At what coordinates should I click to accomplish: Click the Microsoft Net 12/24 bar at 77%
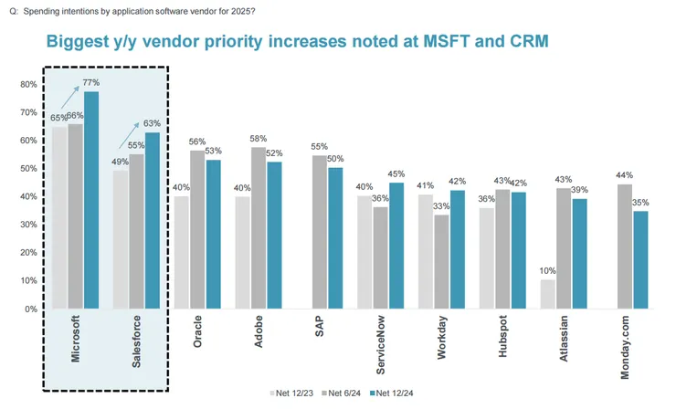tap(91, 200)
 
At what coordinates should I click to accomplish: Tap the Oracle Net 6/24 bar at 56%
tap(198, 229)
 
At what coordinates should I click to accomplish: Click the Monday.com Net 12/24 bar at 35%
tap(642, 259)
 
